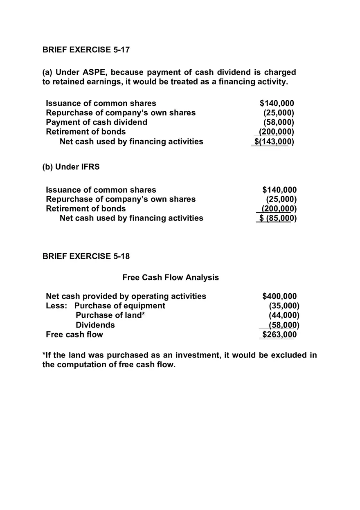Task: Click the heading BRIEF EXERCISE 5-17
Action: click(86, 50)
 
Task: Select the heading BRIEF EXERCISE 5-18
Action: click(86, 256)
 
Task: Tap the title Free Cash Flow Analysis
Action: click(171, 278)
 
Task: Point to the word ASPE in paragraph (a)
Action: click(94, 72)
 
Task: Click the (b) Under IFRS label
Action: click(71, 167)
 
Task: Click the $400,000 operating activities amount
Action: click(279, 296)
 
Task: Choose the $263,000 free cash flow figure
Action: click(279, 335)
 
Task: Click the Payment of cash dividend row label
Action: click(97, 122)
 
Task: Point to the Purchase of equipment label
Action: click(120, 306)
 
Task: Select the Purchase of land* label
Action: click(110, 315)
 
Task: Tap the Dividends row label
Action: click(95, 325)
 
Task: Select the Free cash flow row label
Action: click(74, 335)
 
